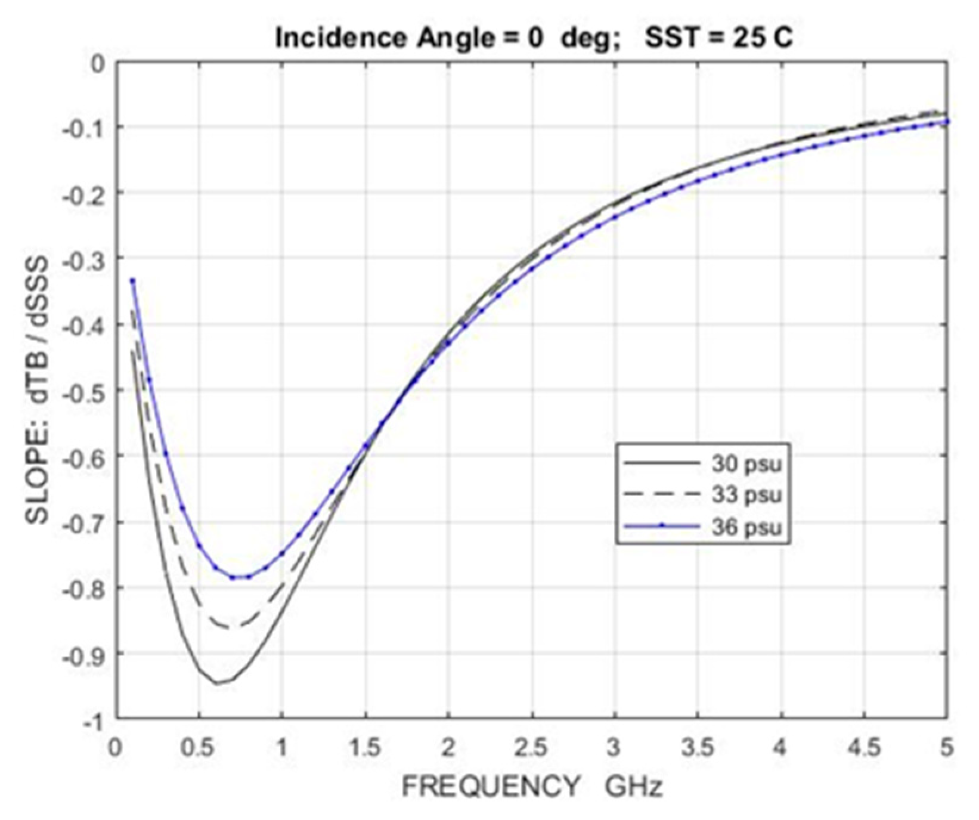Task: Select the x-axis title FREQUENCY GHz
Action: point(532,787)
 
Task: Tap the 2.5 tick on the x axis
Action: point(531,748)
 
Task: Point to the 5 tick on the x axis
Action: point(946,748)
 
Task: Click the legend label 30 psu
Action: point(746,463)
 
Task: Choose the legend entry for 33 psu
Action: point(746,495)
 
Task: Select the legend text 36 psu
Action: point(746,527)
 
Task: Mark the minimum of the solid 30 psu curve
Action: point(216,683)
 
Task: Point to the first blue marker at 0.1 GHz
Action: point(132,280)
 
